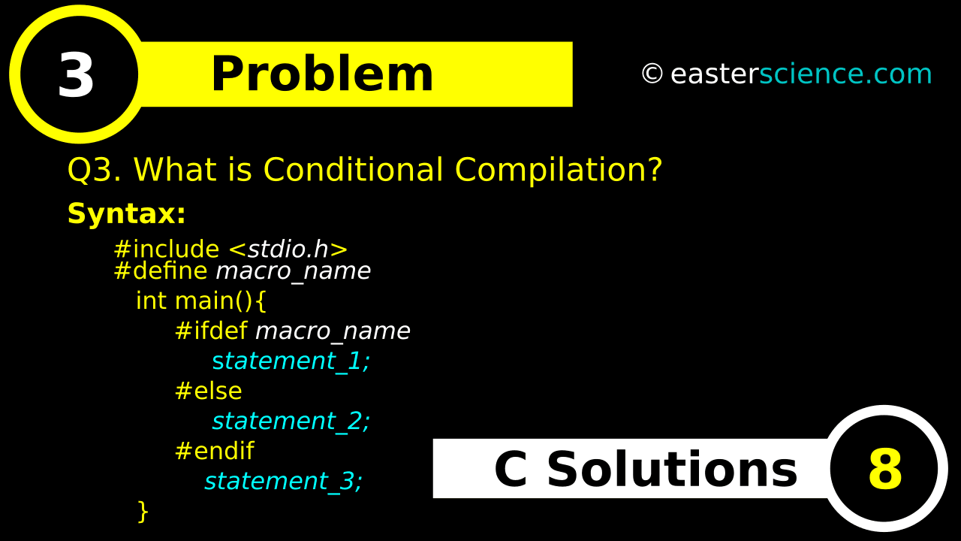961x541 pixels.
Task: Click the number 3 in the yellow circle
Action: pos(76,74)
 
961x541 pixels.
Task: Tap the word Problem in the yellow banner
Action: pos(322,74)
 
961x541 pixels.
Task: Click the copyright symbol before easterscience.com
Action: pos(652,74)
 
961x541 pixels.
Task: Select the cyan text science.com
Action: pos(845,74)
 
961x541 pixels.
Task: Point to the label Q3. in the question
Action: pos(95,170)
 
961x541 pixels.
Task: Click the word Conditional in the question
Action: pos(353,169)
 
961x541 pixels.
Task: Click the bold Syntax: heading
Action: pos(127,213)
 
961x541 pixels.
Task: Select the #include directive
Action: pos(167,249)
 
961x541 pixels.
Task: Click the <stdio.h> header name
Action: pos(288,249)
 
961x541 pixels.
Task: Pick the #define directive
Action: pos(161,271)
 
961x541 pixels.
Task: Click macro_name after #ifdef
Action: pos(333,331)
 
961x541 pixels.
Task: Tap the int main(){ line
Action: pos(201,301)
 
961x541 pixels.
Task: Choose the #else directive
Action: pos(209,391)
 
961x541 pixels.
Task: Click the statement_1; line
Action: pos(291,361)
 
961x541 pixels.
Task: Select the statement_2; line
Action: pos(291,422)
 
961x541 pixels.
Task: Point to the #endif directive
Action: pos(215,451)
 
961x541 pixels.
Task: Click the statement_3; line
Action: pos(284,482)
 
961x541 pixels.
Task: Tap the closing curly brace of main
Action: pos(143,511)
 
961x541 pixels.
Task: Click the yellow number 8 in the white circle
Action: pos(885,469)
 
